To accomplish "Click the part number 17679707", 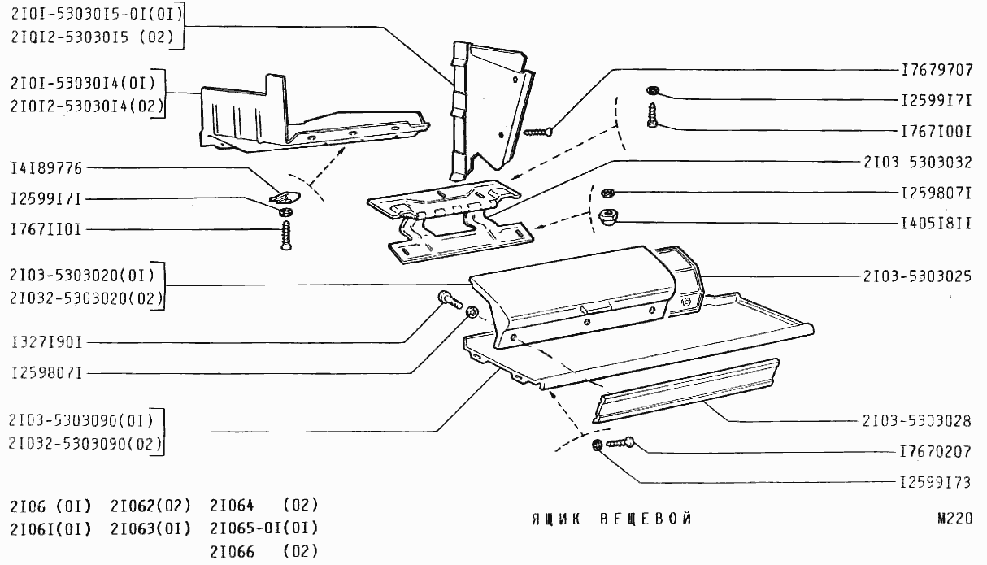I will click(x=937, y=69).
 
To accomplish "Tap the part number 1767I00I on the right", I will click(x=937, y=130).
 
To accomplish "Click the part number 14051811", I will click(x=937, y=221).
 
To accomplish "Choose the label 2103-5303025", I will click(x=918, y=276).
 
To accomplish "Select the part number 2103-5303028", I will click(x=918, y=421).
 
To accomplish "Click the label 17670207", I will click(x=937, y=450).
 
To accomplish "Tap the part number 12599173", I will click(x=937, y=482).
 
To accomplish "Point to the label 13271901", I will click(x=46, y=341).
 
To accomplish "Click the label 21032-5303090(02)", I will click(x=85, y=444).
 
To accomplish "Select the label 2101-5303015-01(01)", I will click(x=96, y=14).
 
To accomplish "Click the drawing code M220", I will click(x=954, y=519).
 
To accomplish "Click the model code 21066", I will click(x=232, y=552).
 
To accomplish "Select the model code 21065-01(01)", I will click(x=263, y=528).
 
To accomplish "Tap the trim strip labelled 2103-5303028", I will click(x=687, y=390).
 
